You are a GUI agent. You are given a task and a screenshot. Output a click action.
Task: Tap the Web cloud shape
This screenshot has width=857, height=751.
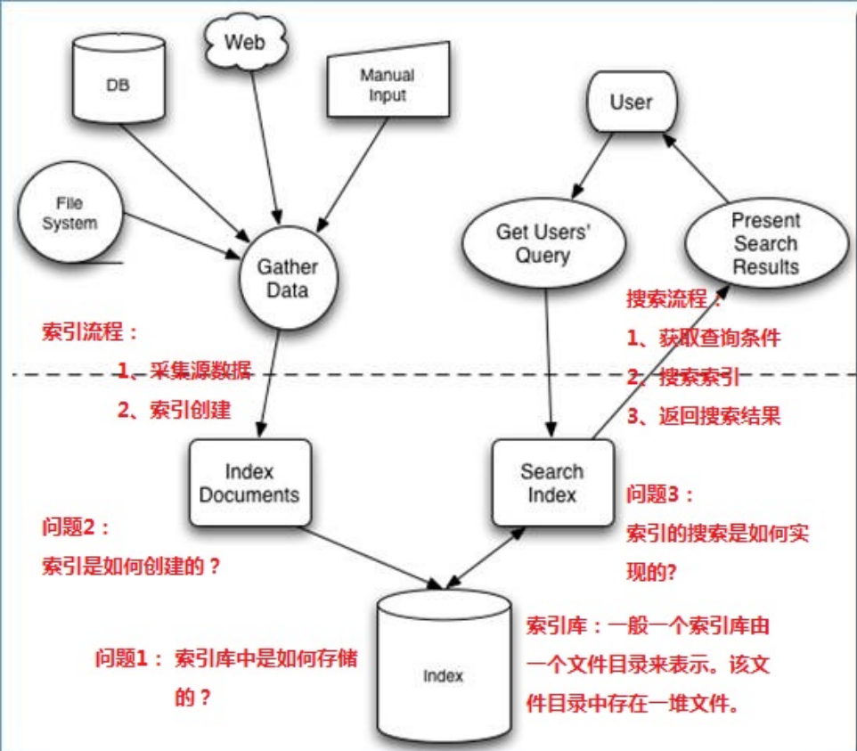pyautogui.click(x=245, y=42)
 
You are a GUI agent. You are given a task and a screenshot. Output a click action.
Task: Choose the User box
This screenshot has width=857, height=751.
pyautogui.click(x=631, y=102)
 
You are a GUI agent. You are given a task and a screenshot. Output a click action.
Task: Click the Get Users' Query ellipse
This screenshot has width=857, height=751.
pyautogui.click(x=533, y=243)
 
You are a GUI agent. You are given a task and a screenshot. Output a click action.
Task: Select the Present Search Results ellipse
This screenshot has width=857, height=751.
pyautogui.click(x=763, y=243)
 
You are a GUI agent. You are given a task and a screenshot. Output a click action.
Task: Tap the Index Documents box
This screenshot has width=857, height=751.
pyautogui.click(x=249, y=482)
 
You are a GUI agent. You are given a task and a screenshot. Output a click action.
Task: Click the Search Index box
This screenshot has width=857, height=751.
pyautogui.click(x=552, y=482)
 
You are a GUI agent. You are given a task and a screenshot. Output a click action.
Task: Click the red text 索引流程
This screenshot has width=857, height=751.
pyautogui.click(x=90, y=333)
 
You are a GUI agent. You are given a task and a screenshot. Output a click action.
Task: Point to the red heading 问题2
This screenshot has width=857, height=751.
pyautogui.click(x=76, y=527)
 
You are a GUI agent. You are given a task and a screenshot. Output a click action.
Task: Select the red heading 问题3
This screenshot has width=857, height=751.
pyautogui.click(x=660, y=494)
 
